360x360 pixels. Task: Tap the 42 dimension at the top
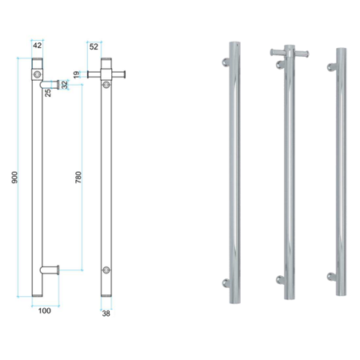click(37, 46)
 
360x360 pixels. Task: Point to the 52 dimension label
click(94, 46)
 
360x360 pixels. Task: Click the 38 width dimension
click(106, 314)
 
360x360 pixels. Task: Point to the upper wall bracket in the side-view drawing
click(50, 82)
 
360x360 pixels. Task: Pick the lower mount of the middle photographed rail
click(279, 279)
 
